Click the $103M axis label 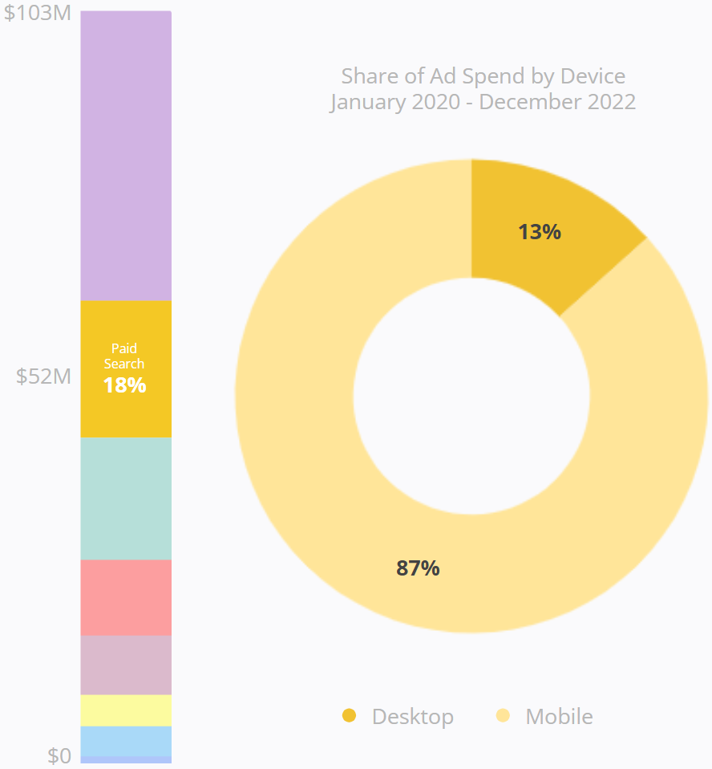[x=37, y=14]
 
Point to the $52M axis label [x=43, y=376]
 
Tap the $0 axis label [x=59, y=755]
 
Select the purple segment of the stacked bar [x=126, y=157]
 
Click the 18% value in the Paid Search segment [x=124, y=385]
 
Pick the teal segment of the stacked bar [x=126, y=498]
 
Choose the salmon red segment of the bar [x=126, y=597]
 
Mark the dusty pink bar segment [x=126, y=665]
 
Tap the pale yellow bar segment [x=126, y=710]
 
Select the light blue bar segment [x=126, y=740]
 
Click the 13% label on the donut [x=539, y=232]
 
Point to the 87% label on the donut [x=418, y=568]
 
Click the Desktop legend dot [x=349, y=715]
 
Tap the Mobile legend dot [x=503, y=715]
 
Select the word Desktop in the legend [x=412, y=716]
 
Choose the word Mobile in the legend [x=559, y=716]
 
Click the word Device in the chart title [x=593, y=76]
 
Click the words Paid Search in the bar [x=124, y=356]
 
